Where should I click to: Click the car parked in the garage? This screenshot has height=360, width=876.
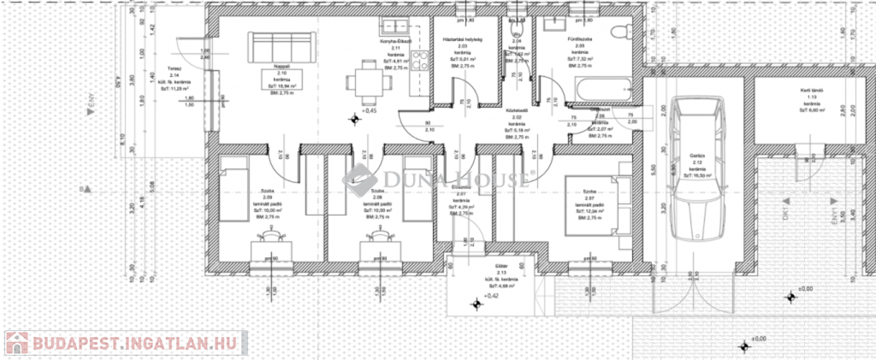pos(697,168)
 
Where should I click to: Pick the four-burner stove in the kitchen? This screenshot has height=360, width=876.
pos(420,61)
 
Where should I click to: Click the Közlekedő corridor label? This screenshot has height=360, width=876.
pos(514,110)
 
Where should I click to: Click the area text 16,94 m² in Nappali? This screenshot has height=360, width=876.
pos(281,86)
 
